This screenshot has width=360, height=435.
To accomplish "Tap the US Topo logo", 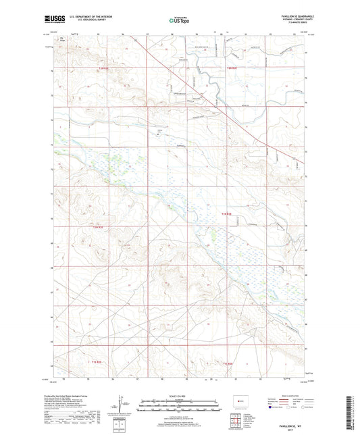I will pyautogui.click(x=178, y=22).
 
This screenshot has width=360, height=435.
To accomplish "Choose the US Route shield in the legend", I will pyautogui.click(x=289, y=408).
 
